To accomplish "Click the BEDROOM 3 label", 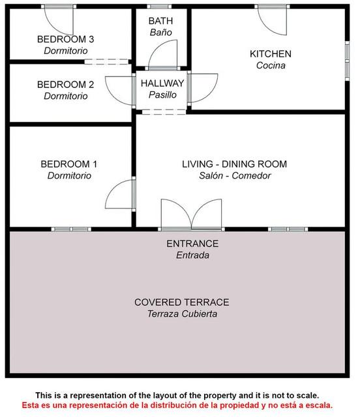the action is (65, 39).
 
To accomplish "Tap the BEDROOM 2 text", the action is (65, 85).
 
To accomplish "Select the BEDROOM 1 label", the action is (69, 164).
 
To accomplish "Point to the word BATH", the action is (160, 21).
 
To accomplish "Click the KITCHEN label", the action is (271, 54).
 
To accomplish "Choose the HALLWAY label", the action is (162, 83).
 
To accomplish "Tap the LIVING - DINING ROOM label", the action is (235, 164).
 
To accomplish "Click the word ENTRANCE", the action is (192, 244).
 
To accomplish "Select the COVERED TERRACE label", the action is (182, 302).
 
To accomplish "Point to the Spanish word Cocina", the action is (271, 65).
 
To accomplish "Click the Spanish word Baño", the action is (161, 33).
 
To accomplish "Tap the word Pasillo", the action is (162, 94).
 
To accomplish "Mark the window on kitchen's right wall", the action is (347, 61).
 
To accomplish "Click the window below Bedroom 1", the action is (71, 229).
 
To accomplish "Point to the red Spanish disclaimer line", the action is (177, 405).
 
